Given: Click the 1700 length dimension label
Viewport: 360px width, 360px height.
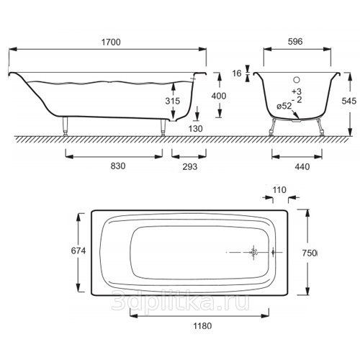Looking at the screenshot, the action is (x=111, y=42).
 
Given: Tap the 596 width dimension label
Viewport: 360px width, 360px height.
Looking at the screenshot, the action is (x=295, y=42).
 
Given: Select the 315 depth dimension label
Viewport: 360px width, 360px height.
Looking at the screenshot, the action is (x=172, y=101).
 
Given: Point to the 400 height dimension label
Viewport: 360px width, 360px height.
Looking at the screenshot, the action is (x=219, y=96).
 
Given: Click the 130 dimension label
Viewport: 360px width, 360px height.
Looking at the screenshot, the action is (x=195, y=129).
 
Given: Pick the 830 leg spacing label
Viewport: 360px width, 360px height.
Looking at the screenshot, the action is (x=118, y=166).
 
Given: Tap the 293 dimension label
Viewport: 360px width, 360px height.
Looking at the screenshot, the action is (x=190, y=166).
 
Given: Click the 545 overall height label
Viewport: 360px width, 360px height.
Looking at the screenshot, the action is (x=348, y=101).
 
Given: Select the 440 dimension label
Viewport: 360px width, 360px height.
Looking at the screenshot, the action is (x=302, y=166).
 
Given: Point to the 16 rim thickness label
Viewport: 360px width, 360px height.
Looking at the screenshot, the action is (x=237, y=73).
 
